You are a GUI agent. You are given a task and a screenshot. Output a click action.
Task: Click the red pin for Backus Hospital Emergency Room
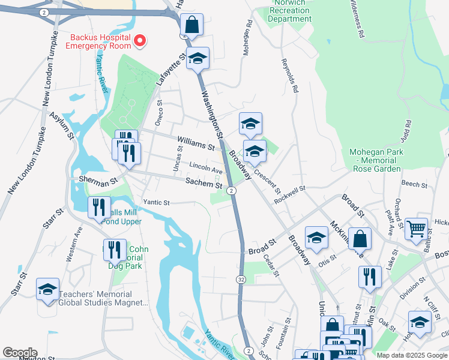[x=140, y=41]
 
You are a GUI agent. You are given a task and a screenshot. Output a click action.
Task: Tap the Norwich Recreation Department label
[x=290, y=11]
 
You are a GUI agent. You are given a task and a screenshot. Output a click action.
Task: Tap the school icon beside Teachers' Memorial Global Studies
[x=47, y=289]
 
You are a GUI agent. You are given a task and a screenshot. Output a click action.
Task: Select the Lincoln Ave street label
[x=206, y=167]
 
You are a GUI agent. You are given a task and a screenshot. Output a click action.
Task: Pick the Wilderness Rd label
[x=355, y=20]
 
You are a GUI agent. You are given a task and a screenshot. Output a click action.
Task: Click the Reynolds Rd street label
[x=289, y=77]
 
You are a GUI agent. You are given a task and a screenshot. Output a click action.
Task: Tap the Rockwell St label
[x=289, y=194]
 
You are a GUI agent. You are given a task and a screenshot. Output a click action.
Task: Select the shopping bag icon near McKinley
[x=359, y=239]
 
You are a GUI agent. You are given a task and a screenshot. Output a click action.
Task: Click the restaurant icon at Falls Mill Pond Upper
[x=99, y=208]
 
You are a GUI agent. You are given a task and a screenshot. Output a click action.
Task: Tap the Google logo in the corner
[x=20, y=353]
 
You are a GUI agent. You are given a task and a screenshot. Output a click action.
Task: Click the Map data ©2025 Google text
[x=411, y=355]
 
